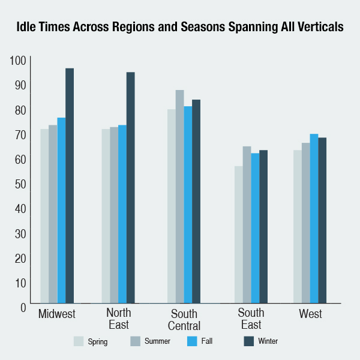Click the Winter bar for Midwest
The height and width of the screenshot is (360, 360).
70,186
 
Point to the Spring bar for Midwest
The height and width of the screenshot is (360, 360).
44,216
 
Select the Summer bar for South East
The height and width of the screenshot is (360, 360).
247,225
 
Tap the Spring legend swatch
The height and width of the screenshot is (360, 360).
79,341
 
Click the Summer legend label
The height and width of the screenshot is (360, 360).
158,341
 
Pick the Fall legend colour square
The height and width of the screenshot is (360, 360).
193,341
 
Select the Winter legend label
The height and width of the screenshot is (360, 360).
268,341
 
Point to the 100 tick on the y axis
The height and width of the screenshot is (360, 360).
19,60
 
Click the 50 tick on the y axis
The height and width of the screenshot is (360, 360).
19,184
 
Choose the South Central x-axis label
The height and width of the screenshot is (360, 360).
184,319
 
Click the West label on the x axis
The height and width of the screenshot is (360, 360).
310,314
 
